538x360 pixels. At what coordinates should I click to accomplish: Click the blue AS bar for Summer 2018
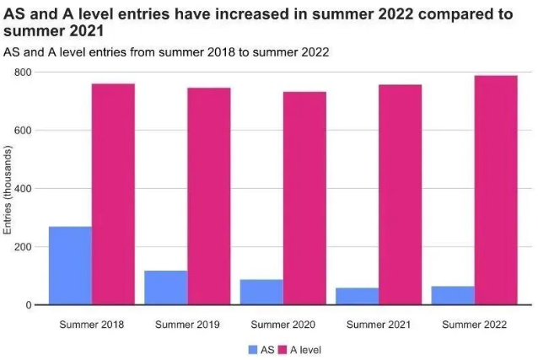70,266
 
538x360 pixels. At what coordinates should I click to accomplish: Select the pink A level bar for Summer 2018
113,194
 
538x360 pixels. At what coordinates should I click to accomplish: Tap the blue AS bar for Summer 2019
165,287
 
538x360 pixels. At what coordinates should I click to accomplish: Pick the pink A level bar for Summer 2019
208,196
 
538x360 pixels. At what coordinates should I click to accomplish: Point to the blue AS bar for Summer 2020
261,292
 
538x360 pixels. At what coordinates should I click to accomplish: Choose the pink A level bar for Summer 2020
304,198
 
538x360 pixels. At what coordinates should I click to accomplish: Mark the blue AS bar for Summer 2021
357,296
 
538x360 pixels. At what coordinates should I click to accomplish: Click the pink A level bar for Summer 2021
400,195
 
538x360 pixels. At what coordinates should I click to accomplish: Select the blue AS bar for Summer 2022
453,295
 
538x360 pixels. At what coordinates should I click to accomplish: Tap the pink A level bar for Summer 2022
496,190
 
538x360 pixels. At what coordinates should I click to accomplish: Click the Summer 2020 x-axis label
282,324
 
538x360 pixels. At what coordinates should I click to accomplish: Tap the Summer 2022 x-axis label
474,324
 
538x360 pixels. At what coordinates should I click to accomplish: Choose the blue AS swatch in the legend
253,349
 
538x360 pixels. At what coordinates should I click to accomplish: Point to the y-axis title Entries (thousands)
8,190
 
